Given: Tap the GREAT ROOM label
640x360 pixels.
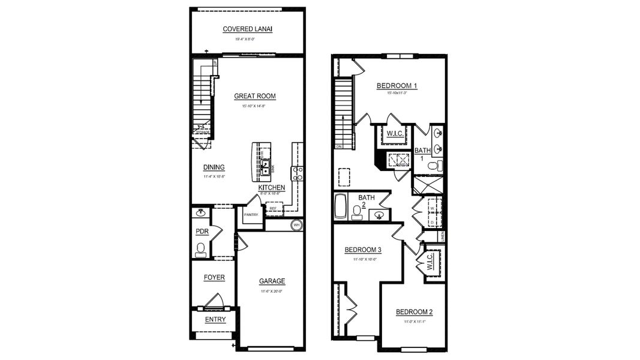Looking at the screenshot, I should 254,96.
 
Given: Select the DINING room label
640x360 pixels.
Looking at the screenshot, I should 214,167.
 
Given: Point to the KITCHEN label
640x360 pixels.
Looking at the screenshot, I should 272,188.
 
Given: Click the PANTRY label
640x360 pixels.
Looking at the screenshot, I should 251,215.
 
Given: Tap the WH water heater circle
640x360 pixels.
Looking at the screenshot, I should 296,226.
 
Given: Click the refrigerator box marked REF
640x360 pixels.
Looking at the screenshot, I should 273,209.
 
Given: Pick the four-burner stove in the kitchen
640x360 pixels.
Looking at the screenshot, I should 297,174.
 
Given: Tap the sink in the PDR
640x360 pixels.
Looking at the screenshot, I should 201,212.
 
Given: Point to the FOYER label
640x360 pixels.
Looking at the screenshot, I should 214,278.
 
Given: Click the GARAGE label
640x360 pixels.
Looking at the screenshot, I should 272,281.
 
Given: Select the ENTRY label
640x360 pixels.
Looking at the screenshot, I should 215,320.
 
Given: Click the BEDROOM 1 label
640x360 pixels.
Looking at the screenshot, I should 396,86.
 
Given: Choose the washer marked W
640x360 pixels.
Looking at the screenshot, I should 432,208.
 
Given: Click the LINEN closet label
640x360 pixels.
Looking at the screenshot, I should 443,238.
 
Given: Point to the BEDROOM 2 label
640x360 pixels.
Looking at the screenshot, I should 414,312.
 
